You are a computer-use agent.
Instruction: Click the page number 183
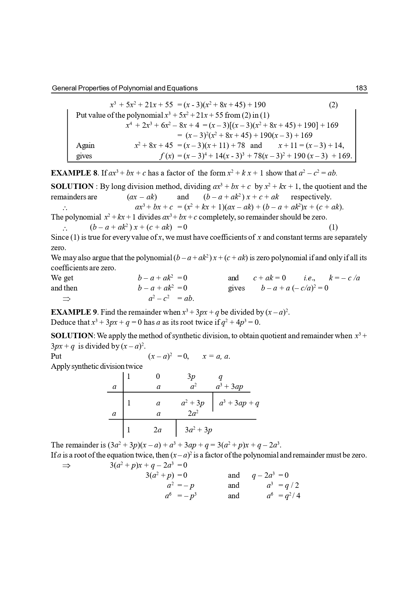coord(361,88)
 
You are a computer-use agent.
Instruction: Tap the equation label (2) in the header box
coord(333,105)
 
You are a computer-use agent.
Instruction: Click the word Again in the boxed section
coord(85,146)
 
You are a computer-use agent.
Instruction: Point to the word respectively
coord(311,197)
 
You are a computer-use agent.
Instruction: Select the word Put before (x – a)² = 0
coord(56,356)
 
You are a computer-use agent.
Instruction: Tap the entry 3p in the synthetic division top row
coord(191,377)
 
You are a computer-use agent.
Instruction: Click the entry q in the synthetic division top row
coord(221,377)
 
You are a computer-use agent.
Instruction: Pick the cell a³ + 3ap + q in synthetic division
coord(239,403)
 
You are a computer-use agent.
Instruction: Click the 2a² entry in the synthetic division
coord(193,414)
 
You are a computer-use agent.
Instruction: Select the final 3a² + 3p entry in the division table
coord(198,430)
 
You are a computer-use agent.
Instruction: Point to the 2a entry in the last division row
coord(157,430)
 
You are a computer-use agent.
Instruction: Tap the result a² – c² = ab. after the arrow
coord(171,299)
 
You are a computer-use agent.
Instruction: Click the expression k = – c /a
coord(344,278)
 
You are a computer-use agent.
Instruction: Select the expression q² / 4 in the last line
coord(292,496)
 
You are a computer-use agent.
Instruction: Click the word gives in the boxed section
coord(84,156)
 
